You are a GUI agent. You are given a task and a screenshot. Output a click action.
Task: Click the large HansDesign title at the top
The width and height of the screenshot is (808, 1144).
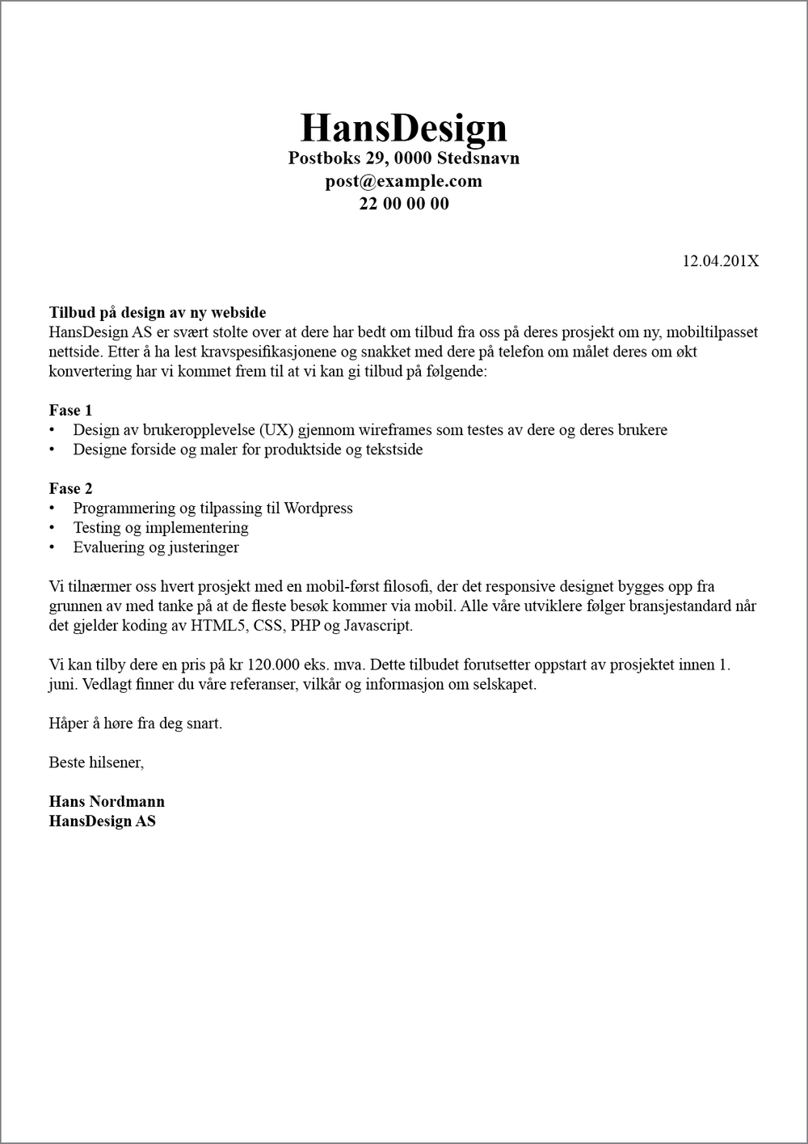click(x=403, y=128)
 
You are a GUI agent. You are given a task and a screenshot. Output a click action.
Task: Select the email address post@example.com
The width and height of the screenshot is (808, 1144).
click(x=403, y=181)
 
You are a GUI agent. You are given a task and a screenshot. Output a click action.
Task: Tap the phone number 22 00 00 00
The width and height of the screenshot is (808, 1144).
click(x=403, y=204)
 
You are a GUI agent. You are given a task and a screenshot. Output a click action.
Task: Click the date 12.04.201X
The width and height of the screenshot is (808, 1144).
click(x=720, y=261)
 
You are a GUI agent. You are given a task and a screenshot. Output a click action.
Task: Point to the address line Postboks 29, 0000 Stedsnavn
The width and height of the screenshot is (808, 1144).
click(x=403, y=158)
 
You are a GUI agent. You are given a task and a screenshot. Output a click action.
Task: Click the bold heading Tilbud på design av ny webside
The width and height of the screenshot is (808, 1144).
click(x=158, y=313)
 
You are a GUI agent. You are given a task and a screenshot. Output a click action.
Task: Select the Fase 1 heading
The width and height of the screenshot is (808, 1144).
click(x=70, y=411)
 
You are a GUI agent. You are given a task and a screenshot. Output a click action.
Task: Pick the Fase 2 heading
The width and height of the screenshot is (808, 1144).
click(x=70, y=489)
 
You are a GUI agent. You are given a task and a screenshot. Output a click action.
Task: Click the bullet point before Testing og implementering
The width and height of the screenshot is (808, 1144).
click(x=53, y=529)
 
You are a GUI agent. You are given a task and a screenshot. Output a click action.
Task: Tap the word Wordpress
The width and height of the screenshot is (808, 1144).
click(x=318, y=509)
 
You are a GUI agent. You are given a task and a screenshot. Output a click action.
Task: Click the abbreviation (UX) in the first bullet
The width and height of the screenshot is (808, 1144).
click(x=276, y=430)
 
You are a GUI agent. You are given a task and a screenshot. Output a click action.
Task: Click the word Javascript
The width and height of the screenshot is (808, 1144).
click(x=378, y=626)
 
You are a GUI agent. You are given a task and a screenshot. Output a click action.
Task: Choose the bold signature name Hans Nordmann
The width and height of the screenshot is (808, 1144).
click(x=107, y=802)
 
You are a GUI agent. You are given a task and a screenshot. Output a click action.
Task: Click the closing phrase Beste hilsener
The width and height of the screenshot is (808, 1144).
click(x=96, y=762)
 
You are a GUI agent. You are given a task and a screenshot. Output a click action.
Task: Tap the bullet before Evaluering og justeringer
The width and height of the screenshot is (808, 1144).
click(x=53, y=548)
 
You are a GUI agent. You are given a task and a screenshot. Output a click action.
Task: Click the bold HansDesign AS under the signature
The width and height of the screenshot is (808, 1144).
click(x=102, y=821)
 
